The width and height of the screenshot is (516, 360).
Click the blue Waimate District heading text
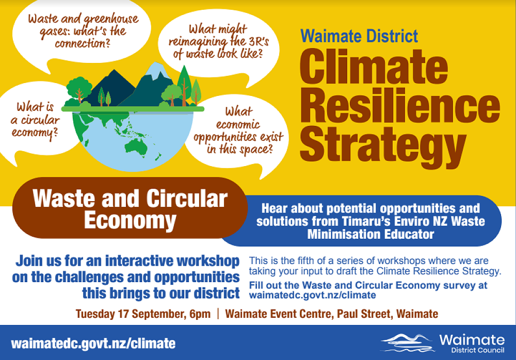click(359, 36)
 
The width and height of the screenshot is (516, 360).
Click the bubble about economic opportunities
click(238, 131)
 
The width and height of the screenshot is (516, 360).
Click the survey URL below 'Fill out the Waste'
click(312, 296)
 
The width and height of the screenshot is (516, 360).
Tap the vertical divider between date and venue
click(218, 314)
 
